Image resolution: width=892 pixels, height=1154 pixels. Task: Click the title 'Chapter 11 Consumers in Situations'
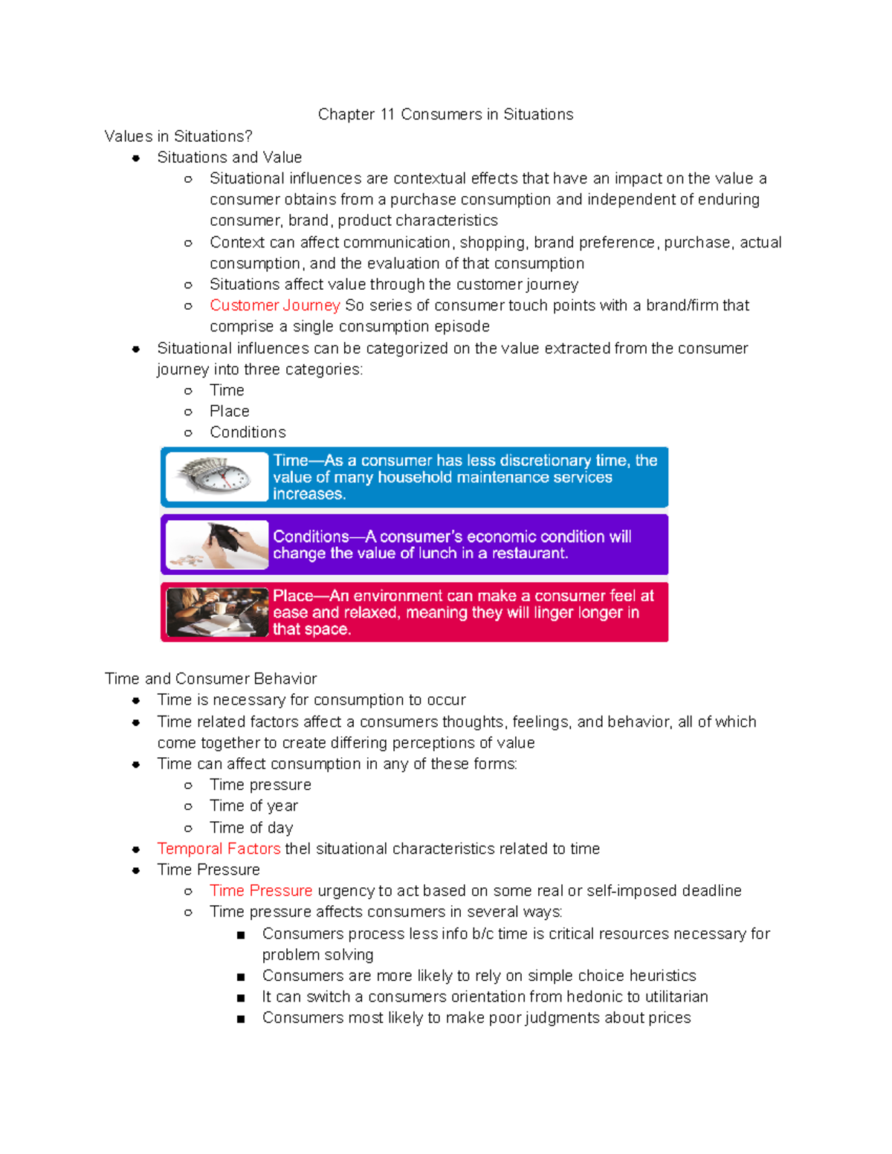point(445,114)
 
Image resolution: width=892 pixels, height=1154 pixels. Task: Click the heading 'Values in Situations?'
point(178,137)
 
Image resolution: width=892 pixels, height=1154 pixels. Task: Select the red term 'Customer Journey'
point(274,305)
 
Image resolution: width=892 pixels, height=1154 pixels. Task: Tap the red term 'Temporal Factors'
point(219,849)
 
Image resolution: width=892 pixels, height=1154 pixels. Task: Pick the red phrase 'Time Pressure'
point(260,890)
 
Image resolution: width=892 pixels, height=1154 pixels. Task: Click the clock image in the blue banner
point(217,477)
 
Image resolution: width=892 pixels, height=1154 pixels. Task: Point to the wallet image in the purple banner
point(217,545)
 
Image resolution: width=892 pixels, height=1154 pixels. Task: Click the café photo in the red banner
point(217,612)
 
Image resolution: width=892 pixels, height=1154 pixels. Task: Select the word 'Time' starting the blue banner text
point(290,461)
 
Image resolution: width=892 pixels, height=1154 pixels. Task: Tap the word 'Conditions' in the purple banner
point(311,537)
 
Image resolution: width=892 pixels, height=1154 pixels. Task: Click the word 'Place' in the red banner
point(293,596)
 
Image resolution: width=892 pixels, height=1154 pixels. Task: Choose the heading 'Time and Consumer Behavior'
point(210,679)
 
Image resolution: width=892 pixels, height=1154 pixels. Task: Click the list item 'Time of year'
point(253,806)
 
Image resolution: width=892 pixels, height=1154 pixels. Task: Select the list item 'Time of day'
point(251,828)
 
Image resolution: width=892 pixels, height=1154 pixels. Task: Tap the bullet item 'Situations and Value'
point(229,158)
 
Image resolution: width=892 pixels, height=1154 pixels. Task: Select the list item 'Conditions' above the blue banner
point(248,432)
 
